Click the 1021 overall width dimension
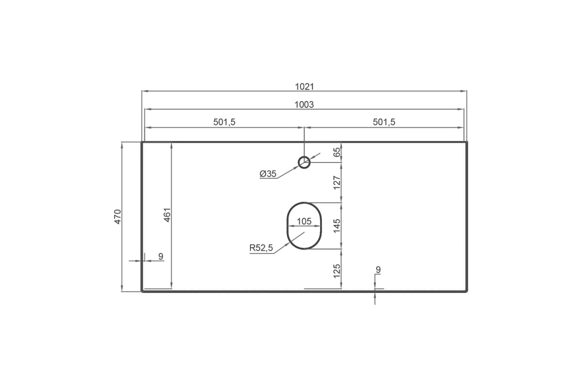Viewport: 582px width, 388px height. point(304,86)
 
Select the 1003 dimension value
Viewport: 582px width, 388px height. point(304,104)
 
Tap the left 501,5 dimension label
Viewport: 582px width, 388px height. point(224,122)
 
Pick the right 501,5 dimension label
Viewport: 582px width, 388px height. point(384,122)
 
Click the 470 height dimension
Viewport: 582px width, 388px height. point(118,216)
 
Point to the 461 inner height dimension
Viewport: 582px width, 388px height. point(167,215)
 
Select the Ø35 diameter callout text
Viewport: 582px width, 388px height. point(268,174)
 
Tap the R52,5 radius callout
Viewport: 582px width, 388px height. point(261,248)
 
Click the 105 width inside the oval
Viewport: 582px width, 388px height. point(304,221)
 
